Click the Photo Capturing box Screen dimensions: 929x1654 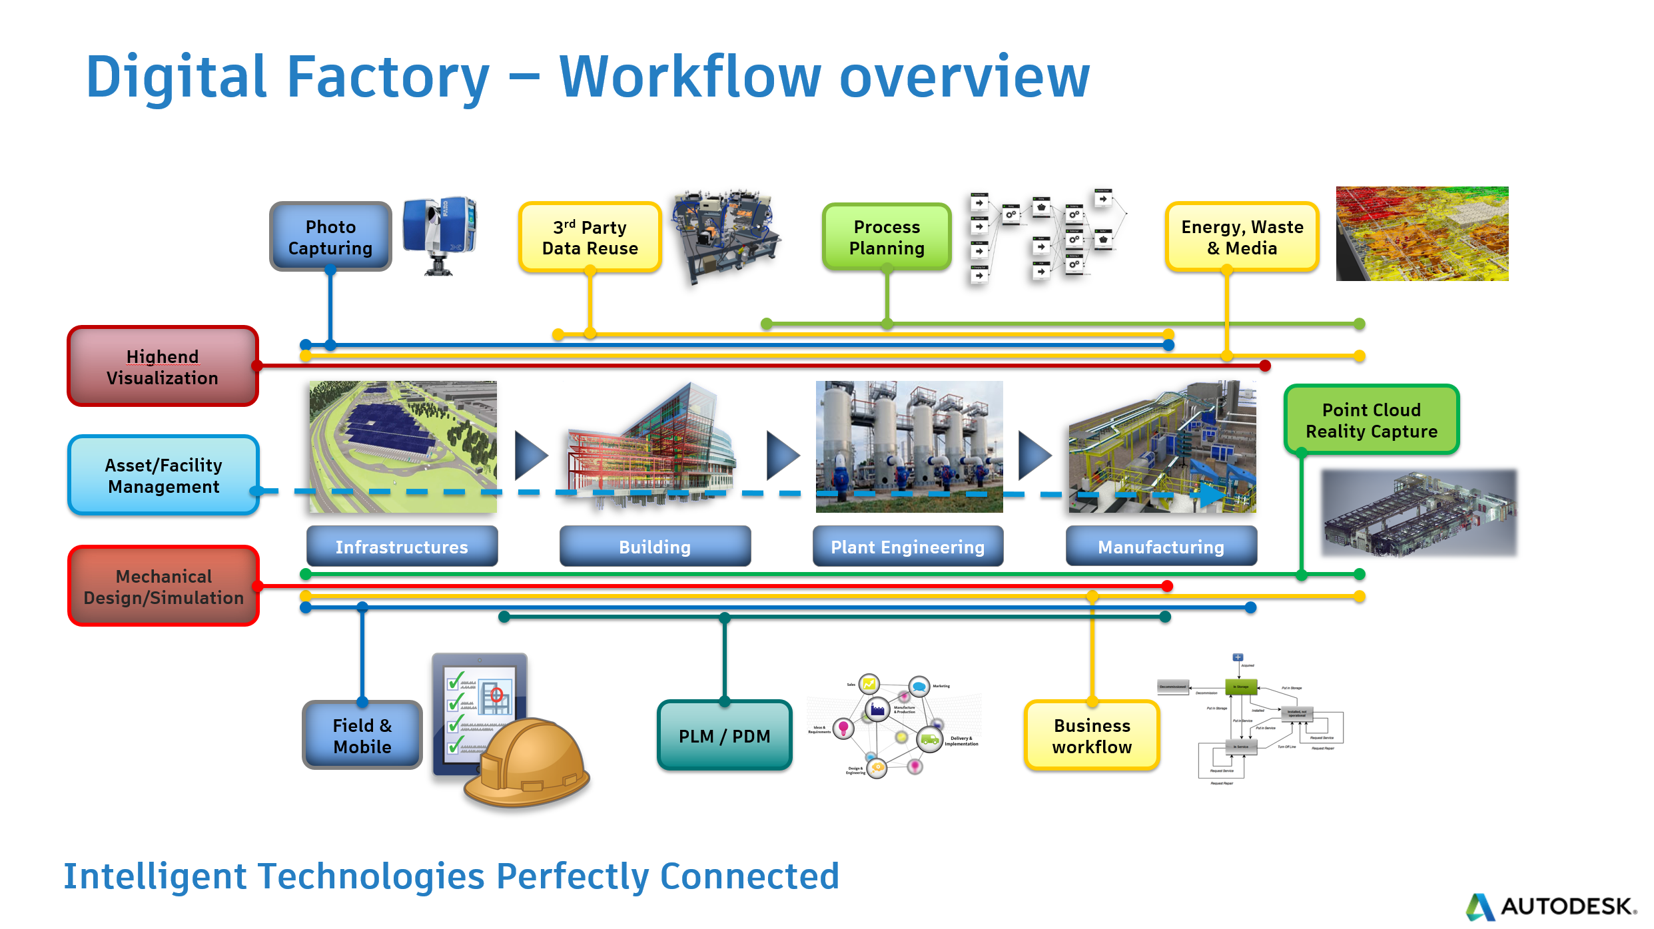(x=330, y=237)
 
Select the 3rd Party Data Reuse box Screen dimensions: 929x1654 (x=590, y=238)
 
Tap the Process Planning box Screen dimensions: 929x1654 (x=887, y=238)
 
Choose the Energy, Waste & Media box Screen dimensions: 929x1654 (x=1242, y=238)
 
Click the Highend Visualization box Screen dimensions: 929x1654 (x=163, y=367)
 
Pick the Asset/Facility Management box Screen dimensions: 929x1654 (x=163, y=475)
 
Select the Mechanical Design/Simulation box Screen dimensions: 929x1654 (x=163, y=587)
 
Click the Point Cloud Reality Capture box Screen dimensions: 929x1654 (x=1371, y=420)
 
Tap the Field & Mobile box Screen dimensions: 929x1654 (x=362, y=736)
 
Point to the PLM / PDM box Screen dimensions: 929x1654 (x=724, y=736)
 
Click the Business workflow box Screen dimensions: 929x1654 (x=1092, y=736)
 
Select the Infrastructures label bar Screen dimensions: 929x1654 (x=402, y=547)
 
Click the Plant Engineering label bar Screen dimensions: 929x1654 (x=907, y=547)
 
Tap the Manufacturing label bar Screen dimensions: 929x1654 (x=1161, y=547)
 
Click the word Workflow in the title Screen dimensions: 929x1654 (x=690, y=77)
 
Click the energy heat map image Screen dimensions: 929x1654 (x=1422, y=234)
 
